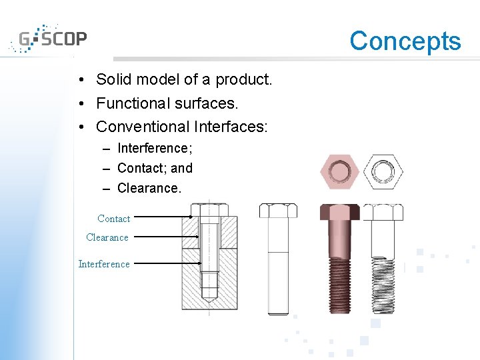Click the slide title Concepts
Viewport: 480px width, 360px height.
point(405,41)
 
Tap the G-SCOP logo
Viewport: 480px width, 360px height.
point(48,39)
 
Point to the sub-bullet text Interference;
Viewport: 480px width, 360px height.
point(155,148)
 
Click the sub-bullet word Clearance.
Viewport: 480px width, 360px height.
point(149,189)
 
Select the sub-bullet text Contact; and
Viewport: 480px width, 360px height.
point(155,169)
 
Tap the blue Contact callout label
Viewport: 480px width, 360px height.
point(113,219)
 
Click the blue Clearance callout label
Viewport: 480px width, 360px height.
point(107,237)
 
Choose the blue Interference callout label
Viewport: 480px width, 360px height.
point(104,264)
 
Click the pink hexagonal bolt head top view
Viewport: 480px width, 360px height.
point(340,171)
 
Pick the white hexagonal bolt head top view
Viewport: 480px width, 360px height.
point(383,171)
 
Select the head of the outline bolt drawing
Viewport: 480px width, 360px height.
point(278,211)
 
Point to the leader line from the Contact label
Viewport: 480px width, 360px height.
point(160,217)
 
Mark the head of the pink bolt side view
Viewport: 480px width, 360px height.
point(340,212)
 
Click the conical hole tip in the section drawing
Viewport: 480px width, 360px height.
point(209,301)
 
